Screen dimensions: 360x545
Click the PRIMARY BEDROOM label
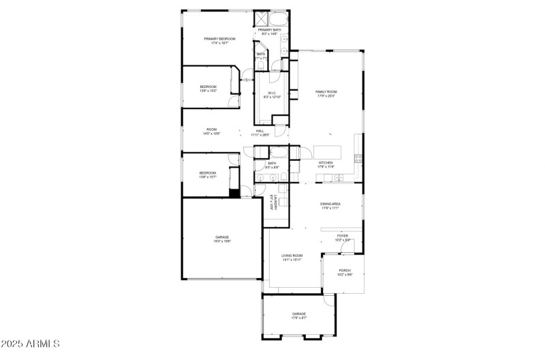point(219,39)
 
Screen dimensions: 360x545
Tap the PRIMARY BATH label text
point(269,30)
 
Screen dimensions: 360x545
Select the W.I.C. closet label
point(271,93)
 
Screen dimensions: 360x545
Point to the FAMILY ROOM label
point(326,91)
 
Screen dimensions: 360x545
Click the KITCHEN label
point(326,163)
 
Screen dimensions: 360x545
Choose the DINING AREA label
point(330,204)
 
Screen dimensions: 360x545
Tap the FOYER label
point(342,236)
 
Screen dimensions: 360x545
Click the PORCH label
point(345,270)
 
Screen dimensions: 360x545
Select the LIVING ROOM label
point(292,256)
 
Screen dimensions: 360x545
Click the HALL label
point(260,131)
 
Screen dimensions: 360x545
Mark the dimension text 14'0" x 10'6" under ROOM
point(211,134)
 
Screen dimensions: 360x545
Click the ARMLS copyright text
point(31,343)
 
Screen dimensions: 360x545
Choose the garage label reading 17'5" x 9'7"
point(299,318)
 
